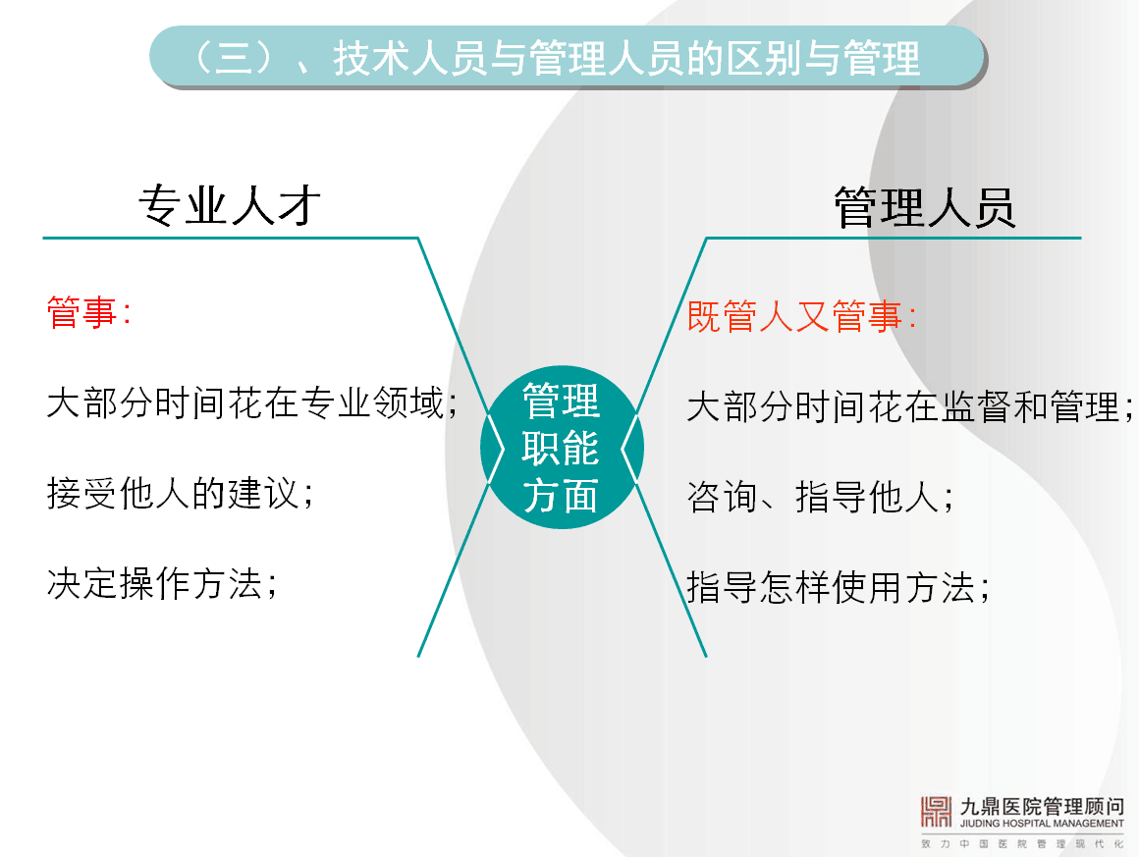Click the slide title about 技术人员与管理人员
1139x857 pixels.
coord(557,58)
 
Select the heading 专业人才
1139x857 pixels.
coord(231,205)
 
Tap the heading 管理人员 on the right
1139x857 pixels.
coord(924,208)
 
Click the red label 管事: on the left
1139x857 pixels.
coord(88,312)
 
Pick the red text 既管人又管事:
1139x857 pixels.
coord(801,317)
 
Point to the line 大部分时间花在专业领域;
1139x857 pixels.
coord(252,403)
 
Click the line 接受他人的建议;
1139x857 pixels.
coord(180,494)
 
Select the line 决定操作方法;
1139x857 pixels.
coord(162,584)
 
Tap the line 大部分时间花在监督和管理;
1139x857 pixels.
coord(910,406)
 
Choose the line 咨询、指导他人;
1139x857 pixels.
coord(820,498)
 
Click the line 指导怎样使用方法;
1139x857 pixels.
coord(839,588)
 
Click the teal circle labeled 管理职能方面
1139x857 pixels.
coord(562,448)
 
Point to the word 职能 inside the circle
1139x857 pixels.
coord(561,448)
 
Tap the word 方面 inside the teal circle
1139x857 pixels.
coord(561,496)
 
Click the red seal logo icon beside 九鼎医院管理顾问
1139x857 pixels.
coord(936,812)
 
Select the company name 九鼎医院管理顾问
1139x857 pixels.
coord(1042,806)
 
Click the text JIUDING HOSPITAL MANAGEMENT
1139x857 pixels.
coord(1042,824)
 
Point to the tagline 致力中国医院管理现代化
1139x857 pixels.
coord(1022,844)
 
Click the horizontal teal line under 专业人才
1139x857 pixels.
coord(231,238)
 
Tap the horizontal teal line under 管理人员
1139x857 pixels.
coord(894,238)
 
